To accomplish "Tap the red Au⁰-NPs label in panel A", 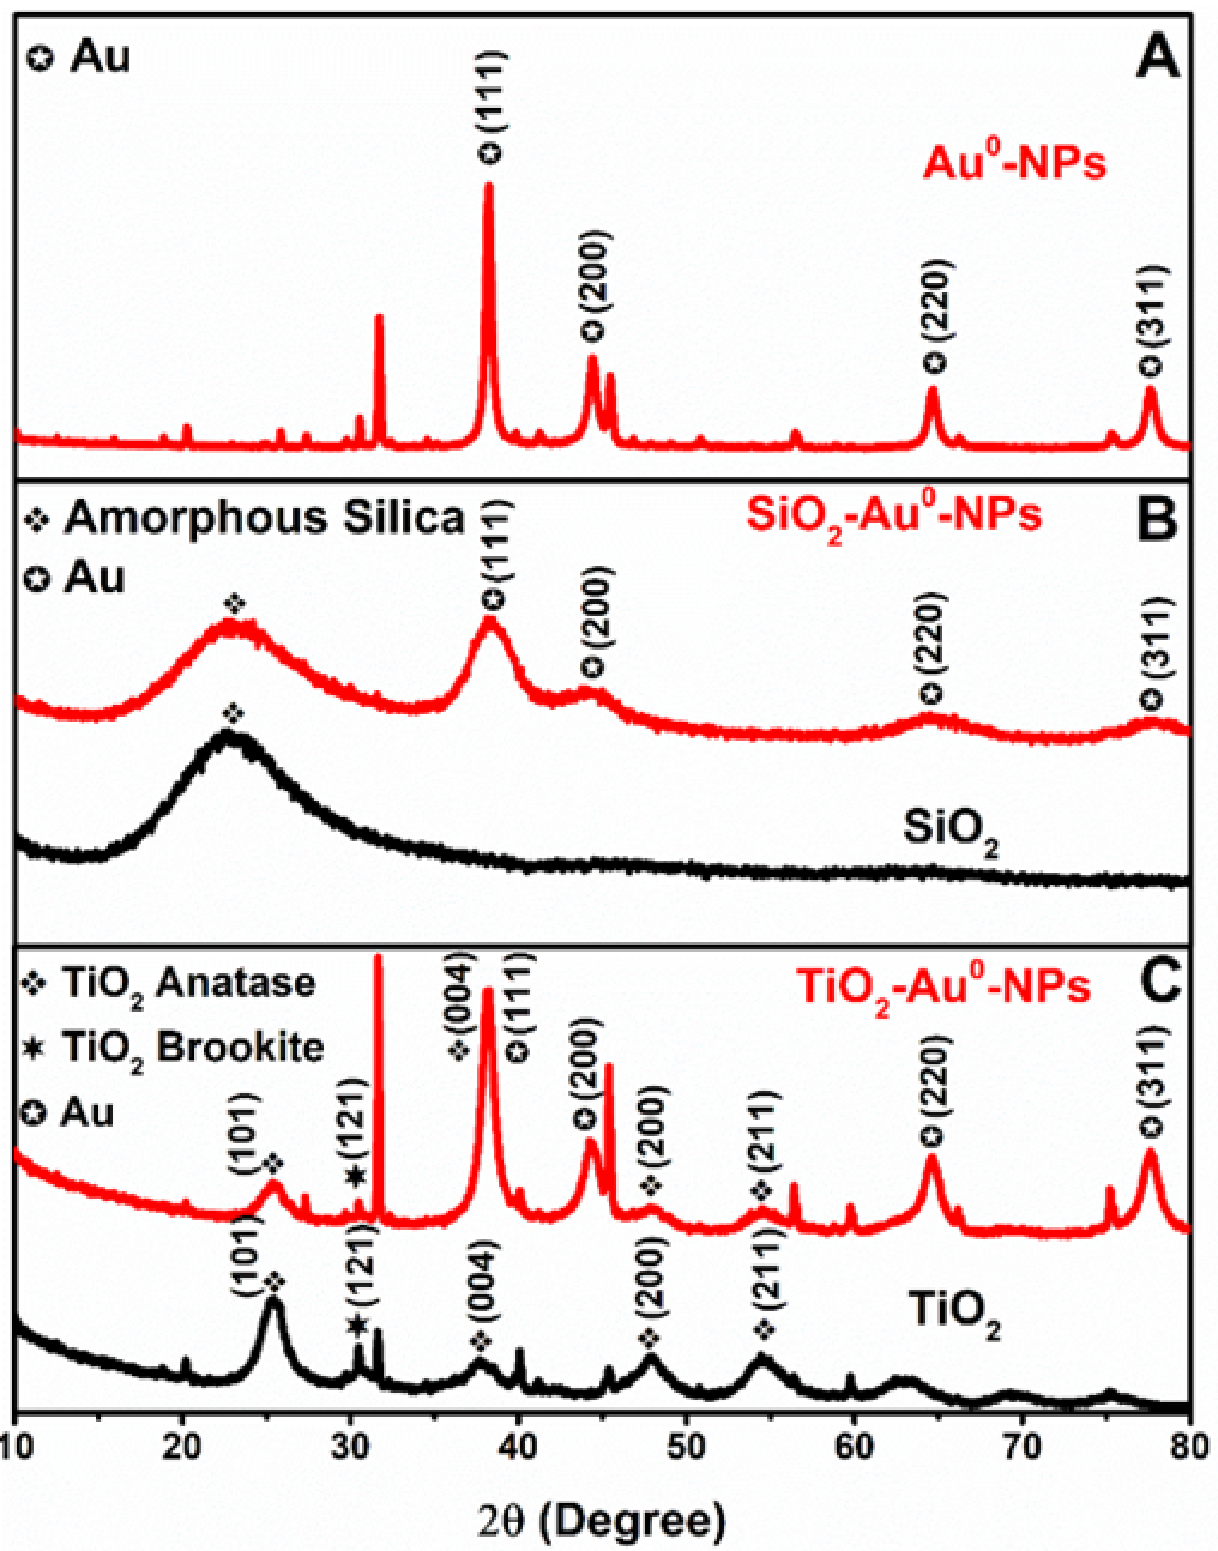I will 1014,162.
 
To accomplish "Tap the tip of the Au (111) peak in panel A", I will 489,185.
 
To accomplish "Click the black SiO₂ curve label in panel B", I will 951,831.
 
